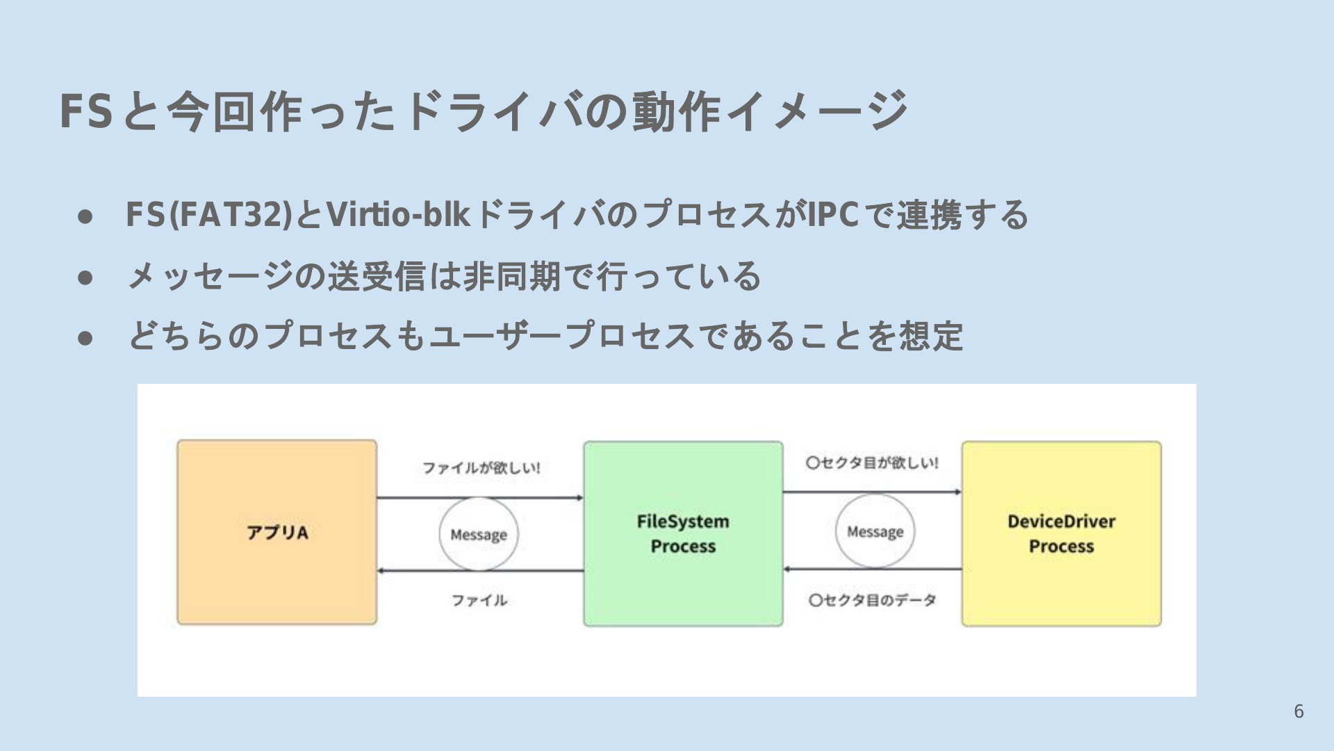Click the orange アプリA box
[277, 532]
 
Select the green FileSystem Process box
[683, 533]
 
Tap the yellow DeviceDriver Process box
[1062, 533]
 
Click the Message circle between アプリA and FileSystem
[479, 497]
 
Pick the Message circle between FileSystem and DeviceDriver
[875, 494]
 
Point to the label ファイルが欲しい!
[481, 467]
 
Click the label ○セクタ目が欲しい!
[872, 462]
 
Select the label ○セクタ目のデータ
[872, 599]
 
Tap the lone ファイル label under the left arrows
[479, 599]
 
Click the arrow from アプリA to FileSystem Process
[480, 498]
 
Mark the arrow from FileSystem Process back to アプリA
[480, 571]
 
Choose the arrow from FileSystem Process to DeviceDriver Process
[873, 492]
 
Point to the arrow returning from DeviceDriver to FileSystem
[873, 569]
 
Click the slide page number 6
[1299, 711]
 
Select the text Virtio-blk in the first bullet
[398, 214]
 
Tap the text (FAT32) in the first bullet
[231, 214]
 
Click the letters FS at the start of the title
[86, 111]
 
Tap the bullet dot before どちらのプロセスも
[85, 338]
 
